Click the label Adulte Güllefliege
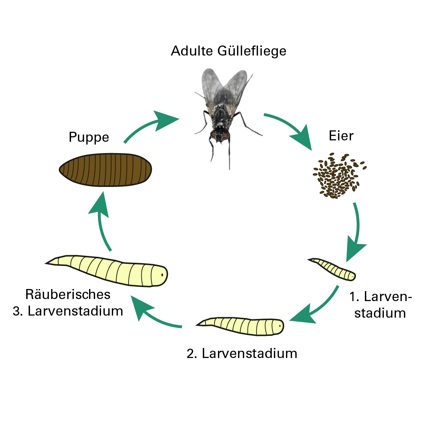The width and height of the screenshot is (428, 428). pyautogui.click(x=229, y=51)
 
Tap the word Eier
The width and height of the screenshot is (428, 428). pyautogui.click(x=341, y=136)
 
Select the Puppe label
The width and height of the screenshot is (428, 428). pyautogui.click(x=89, y=137)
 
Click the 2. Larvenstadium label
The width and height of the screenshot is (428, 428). pyautogui.click(x=242, y=354)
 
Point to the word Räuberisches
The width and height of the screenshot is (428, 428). pyautogui.click(x=68, y=295)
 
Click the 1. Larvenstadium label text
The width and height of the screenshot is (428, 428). pyautogui.click(x=380, y=305)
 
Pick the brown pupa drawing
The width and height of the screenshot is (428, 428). pyautogui.click(x=105, y=170)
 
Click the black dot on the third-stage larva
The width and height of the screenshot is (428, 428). pyautogui.click(x=162, y=275)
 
